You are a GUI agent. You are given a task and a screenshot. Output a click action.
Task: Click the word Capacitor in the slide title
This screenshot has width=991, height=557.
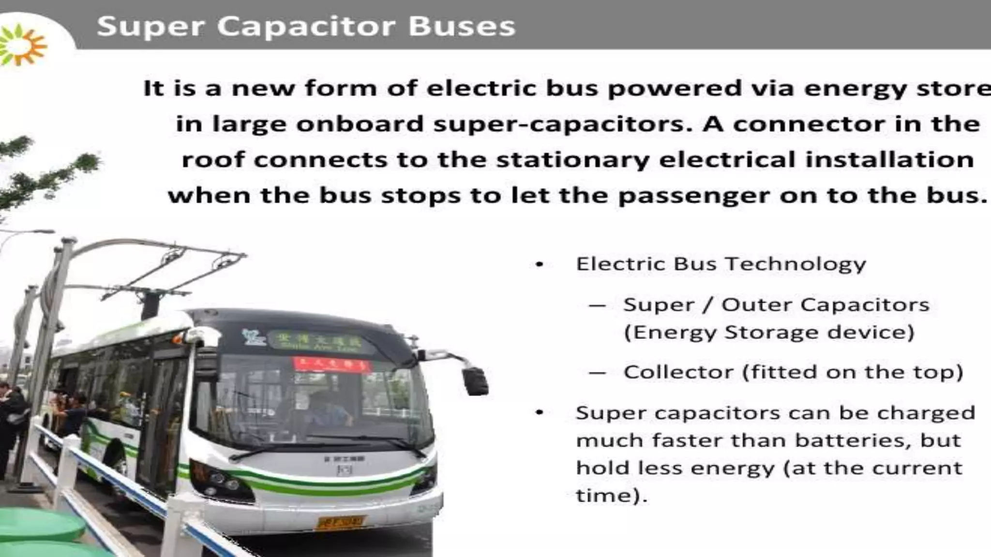pyautogui.click(x=306, y=27)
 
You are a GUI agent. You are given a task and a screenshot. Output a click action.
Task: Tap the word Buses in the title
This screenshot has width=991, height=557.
pyautogui.click(x=462, y=27)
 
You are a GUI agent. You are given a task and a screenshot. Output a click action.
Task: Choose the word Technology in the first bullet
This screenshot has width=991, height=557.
pyautogui.click(x=796, y=264)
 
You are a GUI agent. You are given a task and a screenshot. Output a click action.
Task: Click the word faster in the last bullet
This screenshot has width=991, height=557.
pyautogui.click(x=687, y=440)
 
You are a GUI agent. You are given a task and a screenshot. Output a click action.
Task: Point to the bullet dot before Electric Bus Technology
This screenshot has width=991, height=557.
pyautogui.click(x=540, y=264)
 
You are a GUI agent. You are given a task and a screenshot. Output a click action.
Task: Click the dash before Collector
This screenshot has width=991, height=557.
pyautogui.click(x=598, y=373)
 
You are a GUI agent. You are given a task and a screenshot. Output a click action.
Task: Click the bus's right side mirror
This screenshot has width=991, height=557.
pyautogui.click(x=475, y=381)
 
